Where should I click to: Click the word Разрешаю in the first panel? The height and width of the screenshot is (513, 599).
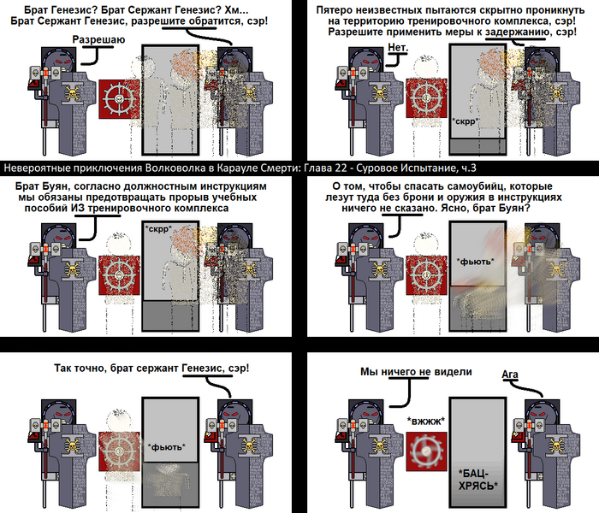(x=98, y=39)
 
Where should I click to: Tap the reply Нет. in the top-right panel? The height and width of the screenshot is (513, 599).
(x=398, y=47)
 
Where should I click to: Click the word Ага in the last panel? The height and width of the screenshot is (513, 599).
(x=510, y=374)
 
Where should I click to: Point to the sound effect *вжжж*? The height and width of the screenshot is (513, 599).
(x=426, y=421)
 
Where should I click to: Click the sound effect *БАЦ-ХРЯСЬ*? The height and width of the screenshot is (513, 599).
(x=477, y=480)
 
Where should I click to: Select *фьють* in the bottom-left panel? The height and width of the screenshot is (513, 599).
(x=167, y=447)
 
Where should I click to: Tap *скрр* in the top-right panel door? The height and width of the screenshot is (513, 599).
(x=466, y=121)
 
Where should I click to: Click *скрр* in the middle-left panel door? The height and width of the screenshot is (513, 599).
(x=158, y=228)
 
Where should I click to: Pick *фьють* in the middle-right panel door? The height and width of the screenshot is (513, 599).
(x=476, y=262)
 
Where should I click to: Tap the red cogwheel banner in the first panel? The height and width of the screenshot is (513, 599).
(x=119, y=99)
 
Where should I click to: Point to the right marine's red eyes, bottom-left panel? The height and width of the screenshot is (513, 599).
(x=234, y=414)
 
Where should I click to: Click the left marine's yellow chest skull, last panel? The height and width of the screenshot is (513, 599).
(x=379, y=445)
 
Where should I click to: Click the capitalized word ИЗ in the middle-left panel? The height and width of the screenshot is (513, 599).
(x=79, y=208)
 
